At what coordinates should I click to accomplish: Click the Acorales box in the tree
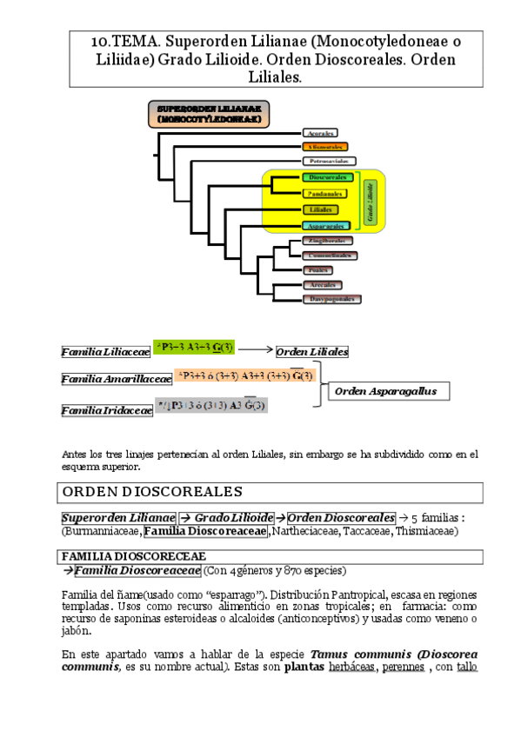click(319, 133)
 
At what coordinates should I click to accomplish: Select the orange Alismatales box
click(324, 147)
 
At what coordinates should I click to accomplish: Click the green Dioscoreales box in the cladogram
click(327, 177)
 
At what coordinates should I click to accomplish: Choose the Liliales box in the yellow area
click(321, 209)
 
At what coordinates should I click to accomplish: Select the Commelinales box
click(330, 256)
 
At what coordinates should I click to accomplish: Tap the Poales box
click(318, 269)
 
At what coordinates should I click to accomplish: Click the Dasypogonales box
click(331, 299)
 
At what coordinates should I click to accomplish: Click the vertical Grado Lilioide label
click(370, 201)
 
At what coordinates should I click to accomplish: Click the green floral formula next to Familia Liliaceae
click(192, 349)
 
